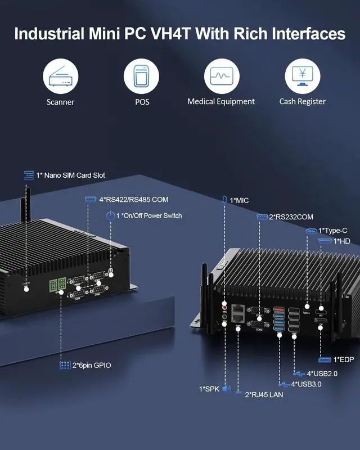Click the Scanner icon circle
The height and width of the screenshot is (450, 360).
(x=61, y=76)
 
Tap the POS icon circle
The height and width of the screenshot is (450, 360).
(x=142, y=76)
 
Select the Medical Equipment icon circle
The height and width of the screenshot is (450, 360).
(x=221, y=76)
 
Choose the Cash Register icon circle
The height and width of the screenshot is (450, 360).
(x=303, y=76)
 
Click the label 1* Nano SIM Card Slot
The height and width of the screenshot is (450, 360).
(x=70, y=175)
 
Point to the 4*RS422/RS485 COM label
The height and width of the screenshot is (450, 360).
(x=133, y=200)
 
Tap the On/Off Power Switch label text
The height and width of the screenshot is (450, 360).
(x=149, y=215)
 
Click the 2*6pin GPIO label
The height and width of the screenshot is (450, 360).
(x=92, y=366)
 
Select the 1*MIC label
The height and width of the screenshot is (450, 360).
(x=238, y=200)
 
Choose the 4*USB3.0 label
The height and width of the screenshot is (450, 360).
(x=306, y=384)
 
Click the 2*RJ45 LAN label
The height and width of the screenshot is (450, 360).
(x=263, y=395)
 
